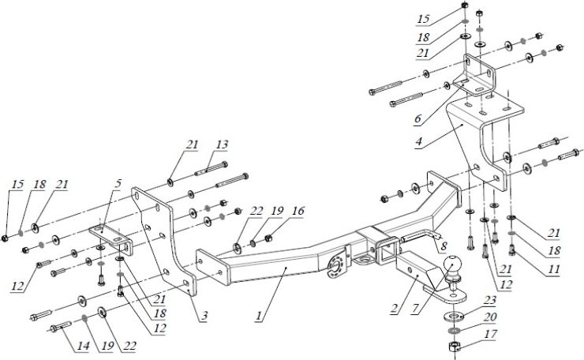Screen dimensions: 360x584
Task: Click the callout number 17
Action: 492,334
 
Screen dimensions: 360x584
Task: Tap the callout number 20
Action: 492,317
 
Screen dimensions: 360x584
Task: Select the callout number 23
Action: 491,300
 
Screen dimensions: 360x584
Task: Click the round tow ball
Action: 455,271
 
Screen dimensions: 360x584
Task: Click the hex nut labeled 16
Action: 268,234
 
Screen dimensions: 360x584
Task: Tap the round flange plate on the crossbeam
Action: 336,264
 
